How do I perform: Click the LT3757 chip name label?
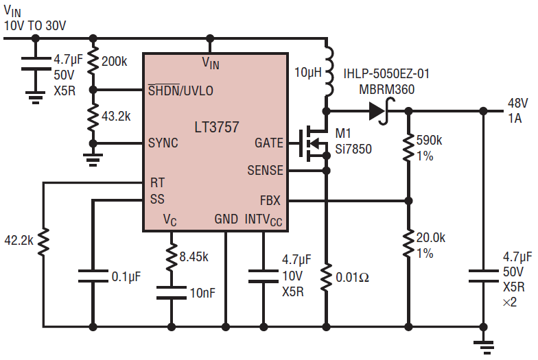(x=217, y=128)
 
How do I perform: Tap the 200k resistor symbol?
(x=93, y=62)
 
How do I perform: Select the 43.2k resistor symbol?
(x=93, y=117)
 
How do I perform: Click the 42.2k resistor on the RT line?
(x=43, y=241)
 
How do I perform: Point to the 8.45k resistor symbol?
(x=172, y=256)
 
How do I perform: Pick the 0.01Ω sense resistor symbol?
(x=327, y=277)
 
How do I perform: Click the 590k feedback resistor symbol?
(x=408, y=147)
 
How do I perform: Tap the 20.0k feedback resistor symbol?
(x=408, y=243)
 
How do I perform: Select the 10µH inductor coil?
(x=328, y=71)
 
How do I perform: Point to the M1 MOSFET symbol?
(x=313, y=143)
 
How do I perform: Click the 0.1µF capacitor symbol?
(x=93, y=276)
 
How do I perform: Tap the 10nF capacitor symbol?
(x=172, y=293)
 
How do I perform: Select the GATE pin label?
(x=269, y=143)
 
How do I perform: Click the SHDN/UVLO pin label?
(x=180, y=90)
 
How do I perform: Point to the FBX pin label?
(x=270, y=200)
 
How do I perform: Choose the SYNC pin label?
(x=163, y=143)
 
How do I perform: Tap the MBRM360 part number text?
(x=387, y=89)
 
